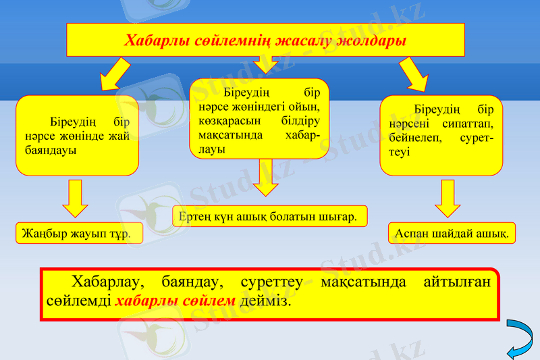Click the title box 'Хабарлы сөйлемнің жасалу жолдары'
tap(265, 40)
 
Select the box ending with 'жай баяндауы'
tap(77, 135)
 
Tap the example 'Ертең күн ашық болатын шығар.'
tap(269, 216)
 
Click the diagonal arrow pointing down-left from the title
tap(115, 74)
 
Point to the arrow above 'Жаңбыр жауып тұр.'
tap(75, 198)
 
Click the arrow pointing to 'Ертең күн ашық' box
tap(265, 181)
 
